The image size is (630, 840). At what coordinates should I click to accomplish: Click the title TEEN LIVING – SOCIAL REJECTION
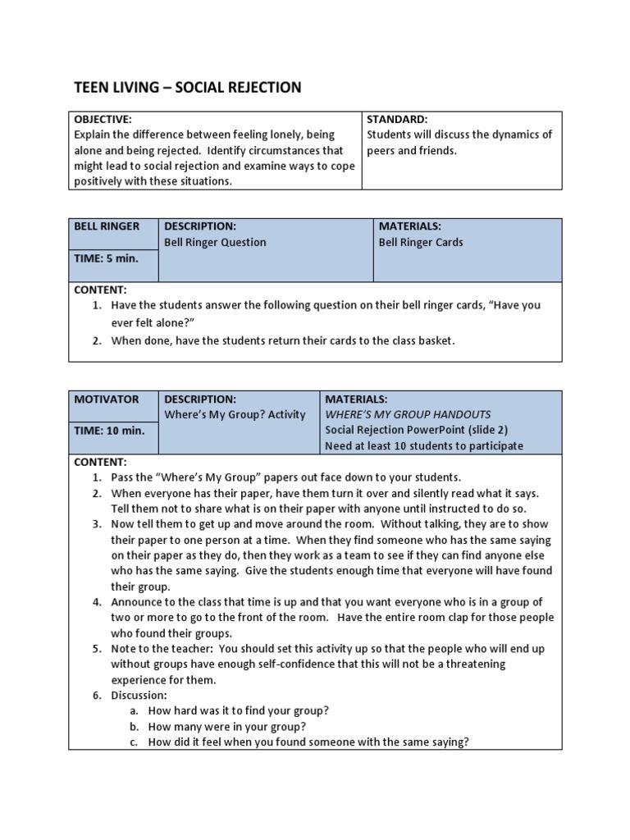[188, 87]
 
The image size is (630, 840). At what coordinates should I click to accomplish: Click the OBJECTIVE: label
[103, 119]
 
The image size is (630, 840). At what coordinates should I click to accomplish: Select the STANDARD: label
[398, 119]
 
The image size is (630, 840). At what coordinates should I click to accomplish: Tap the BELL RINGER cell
[107, 226]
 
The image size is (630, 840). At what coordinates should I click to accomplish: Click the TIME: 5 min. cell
[107, 258]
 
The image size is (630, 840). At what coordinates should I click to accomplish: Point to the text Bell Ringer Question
[215, 242]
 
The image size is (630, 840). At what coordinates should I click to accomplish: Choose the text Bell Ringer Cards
[421, 242]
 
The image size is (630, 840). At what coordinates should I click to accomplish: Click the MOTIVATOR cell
[107, 399]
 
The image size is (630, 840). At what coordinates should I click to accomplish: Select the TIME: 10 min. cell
[109, 431]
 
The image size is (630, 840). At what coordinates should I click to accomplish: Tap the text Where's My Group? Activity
[235, 414]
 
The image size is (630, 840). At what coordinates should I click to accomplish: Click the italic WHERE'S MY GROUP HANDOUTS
[408, 414]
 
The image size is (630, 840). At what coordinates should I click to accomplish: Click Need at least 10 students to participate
[424, 446]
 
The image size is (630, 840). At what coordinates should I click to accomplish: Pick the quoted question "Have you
[514, 305]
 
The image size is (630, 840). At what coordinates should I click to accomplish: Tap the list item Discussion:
[139, 695]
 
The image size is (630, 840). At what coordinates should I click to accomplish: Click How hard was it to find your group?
[238, 710]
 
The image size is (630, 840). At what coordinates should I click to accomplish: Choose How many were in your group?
[227, 726]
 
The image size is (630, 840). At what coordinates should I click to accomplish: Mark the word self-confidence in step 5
[293, 664]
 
